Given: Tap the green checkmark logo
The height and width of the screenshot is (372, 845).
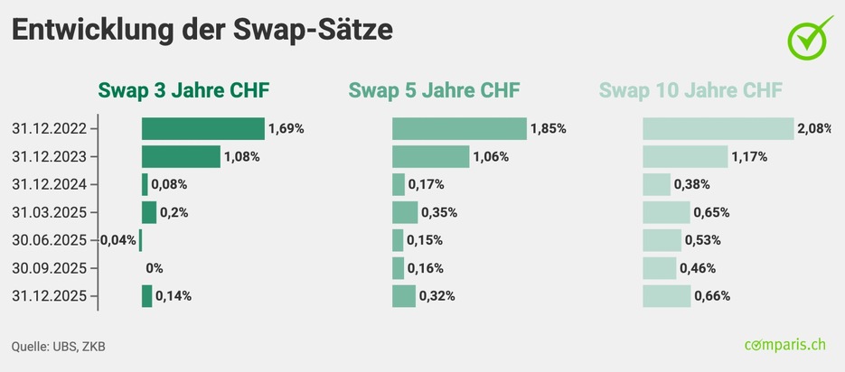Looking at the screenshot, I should coord(811,38).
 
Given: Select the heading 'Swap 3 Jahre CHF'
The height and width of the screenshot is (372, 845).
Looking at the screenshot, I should coord(183,90).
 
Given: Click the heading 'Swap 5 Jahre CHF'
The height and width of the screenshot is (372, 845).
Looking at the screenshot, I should coord(435,90).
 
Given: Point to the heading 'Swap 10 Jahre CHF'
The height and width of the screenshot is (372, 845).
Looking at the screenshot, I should coord(691,90).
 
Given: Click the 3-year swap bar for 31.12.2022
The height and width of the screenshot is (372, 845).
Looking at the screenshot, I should coord(202,128).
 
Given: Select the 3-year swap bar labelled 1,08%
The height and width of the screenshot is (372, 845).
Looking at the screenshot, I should coord(181,156).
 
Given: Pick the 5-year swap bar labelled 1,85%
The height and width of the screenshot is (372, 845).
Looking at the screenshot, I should coord(459,128).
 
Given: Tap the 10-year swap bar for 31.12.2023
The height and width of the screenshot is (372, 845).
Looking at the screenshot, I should coord(685,156).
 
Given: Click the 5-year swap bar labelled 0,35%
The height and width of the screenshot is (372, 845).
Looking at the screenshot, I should coord(405,212).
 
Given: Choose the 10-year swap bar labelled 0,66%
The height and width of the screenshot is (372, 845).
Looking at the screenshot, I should coord(666,295).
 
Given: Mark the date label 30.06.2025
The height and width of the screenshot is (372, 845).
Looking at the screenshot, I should coord(49,240).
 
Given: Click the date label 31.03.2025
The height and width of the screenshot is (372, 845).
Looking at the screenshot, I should coord(49,212).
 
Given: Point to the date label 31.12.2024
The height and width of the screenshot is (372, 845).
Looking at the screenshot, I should coord(49,184).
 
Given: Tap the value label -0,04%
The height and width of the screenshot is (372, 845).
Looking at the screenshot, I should coord(117,240).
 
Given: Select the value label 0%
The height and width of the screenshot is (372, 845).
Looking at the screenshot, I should coord(154,268).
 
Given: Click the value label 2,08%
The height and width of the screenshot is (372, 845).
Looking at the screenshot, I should coord(814,128).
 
